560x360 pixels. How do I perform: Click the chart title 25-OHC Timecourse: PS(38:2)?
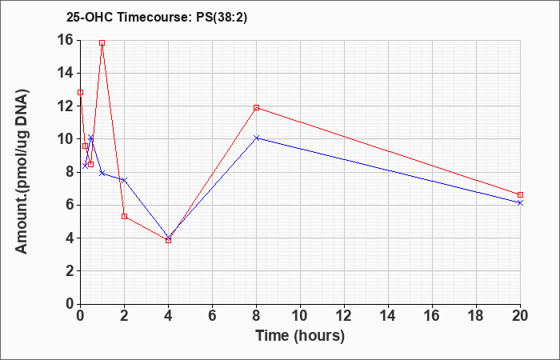[x=157, y=17]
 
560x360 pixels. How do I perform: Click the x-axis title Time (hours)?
[x=300, y=336]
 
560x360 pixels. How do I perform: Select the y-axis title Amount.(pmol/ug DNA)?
[x=22, y=172]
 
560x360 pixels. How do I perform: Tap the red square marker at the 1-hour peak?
[x=102, y=43]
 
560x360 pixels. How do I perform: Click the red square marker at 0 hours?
[x=80, y=93]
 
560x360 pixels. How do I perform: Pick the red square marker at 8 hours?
[x=257, y=107]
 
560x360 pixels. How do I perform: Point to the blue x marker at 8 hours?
[x=257, y=138]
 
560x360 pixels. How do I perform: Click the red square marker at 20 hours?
[x=520, y=194]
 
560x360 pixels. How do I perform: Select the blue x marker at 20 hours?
[x=520, y=203]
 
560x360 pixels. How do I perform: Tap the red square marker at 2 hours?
[x=124, y=216]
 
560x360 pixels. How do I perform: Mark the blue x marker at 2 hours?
[x=124, y=180]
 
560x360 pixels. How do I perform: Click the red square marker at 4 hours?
[x=168, y=240]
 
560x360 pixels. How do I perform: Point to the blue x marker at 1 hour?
[x=102, y=173]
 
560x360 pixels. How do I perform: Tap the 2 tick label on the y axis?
[x=70, y=271]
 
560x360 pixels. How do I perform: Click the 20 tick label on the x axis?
[x=520, y=316]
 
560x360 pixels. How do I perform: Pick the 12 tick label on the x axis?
[x=344, y=316]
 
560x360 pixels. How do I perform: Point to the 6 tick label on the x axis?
[x=213, y=316]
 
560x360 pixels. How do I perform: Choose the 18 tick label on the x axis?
[x=476, y=316]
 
